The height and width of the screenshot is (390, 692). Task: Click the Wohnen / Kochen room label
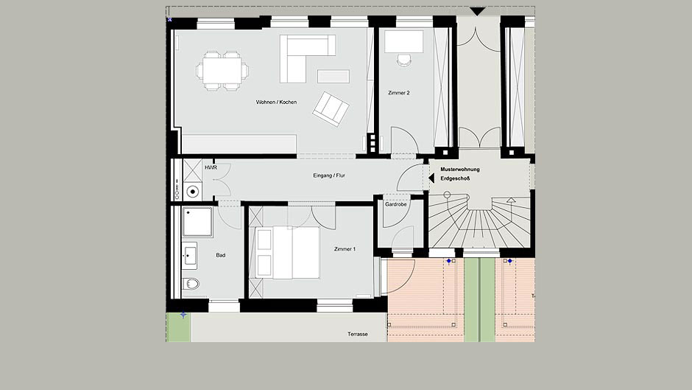coord(276,102)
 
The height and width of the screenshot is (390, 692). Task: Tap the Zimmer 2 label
coord(399,93)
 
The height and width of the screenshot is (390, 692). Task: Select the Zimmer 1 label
coord(345,249)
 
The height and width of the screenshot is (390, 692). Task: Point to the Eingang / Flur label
coord(329,175)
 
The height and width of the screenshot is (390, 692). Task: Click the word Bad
coord(221,255)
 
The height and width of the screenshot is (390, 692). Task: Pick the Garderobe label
coord(395,204)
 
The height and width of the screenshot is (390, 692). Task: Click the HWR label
coord(211,167)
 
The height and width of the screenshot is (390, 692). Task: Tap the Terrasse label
coord(358,334)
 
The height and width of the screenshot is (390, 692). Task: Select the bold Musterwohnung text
coord(460,170)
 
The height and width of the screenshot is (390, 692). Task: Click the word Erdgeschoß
coord(455,178)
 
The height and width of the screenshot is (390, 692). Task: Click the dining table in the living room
coord(222,71)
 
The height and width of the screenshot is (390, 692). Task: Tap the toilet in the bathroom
coord(191,283)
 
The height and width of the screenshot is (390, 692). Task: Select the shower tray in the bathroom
coord(197,222)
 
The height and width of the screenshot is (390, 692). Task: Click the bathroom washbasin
coord(190,256)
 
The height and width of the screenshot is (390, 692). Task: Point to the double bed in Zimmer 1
coord(288,252)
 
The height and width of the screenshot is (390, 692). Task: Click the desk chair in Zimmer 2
coord(404,60)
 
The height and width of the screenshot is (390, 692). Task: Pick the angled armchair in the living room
coord(331,109)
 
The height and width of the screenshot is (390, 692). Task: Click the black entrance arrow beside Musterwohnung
coord(431,178)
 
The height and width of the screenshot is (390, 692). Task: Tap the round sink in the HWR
coord(192,192)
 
